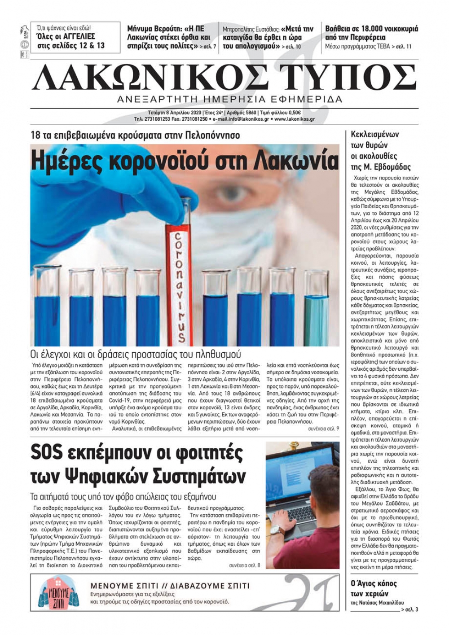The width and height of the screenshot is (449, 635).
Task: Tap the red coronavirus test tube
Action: (x=177, y=278)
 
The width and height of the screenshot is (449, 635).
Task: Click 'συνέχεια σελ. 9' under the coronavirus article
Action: (x=323, y=429)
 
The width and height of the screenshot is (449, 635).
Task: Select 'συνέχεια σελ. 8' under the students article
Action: (x=244, y=565)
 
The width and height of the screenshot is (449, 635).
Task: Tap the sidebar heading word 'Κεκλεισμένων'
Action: (x=374, y=134)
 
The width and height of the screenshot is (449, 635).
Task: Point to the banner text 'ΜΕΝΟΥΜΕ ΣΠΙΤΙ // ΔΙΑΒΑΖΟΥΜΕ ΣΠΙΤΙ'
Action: (x=170, y=586)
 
